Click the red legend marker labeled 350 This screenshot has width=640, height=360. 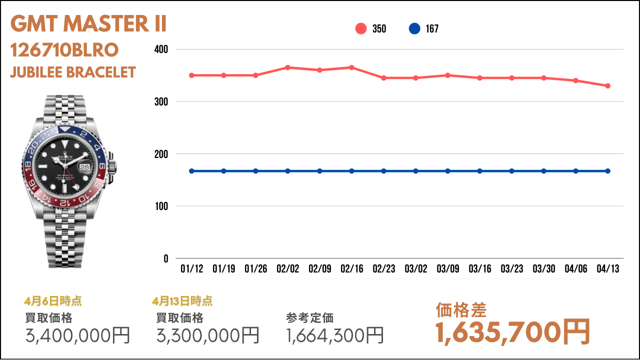(361, 28)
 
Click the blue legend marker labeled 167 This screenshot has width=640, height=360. (414, 28)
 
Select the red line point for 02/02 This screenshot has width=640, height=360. (287, 67)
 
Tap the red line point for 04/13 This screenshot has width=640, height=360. (607, 85)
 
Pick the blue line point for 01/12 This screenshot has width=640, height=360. (191, 171)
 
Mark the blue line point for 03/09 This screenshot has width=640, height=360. (447, 171)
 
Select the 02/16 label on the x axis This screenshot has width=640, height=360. (351, 269)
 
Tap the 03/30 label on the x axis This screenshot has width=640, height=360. (543, 269)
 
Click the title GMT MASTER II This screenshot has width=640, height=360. (88, 24)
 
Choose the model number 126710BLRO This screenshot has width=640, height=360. (64, 50)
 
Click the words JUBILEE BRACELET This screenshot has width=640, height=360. (73, 72)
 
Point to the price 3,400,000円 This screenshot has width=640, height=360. (77, 335)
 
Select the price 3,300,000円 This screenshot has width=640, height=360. (208, 335)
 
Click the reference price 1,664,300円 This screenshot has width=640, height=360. (335, 335)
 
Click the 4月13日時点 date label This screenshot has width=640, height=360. (182, 301)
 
